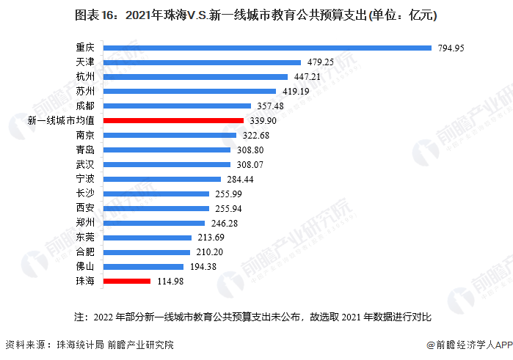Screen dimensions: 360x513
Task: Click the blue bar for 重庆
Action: pos(267,48)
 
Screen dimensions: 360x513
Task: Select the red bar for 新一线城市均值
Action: pos(173,120)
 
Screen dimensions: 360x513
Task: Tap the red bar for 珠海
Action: pos(127,281)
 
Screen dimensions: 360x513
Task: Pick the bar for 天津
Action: pos(203,62)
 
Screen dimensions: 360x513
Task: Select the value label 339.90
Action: pos(263,120)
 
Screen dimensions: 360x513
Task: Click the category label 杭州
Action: pos(85,77)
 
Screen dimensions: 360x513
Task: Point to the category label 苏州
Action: pos(85,92)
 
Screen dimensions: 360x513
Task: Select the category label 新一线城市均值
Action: pos(60,120)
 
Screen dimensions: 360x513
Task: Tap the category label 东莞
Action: pos(85,237)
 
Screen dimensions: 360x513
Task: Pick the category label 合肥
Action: pos(85,251)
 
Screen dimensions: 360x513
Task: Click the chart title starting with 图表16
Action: pos(256,15)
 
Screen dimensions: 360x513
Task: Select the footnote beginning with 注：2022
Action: pos(253,317)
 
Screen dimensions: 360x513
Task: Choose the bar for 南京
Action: pos(170,135)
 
